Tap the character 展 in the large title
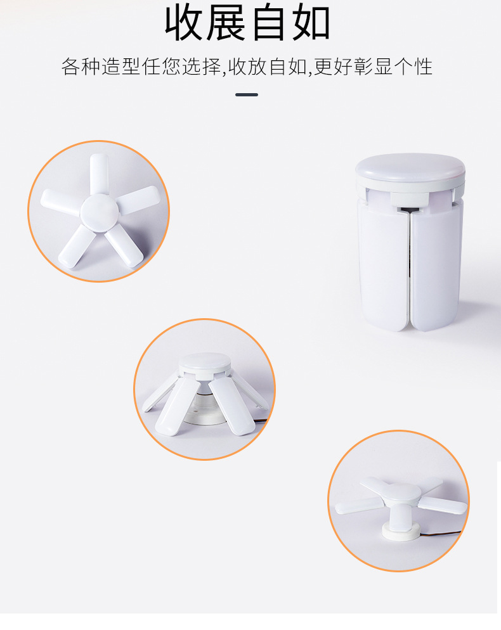click(x=228, y=23)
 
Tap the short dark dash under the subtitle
click(x=247, y=94)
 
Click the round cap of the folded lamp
click(x=410, y=165)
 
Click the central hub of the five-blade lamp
click(x=99, y=210)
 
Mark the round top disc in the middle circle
click(x=204, y=363)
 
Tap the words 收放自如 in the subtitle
click(x=268, y=67)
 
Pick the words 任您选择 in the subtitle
click(x=183, y=67)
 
